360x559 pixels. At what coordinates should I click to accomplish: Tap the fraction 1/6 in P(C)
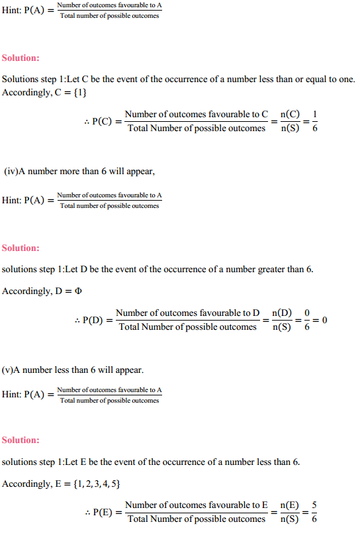[314, 121]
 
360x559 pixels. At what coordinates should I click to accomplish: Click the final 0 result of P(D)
[325, 320]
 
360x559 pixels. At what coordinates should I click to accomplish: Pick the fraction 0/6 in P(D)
[306, 320]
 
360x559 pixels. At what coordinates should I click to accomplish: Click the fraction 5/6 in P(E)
[314, 512]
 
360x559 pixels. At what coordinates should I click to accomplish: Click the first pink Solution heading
[21, 58]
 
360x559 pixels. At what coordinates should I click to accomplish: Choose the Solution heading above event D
[21, 248]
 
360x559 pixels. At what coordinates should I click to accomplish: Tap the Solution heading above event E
[21, 440]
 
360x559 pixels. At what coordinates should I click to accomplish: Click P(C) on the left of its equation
[103, 122]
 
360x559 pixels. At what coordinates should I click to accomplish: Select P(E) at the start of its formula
[103, 513]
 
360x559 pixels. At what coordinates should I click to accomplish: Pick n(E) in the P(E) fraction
[289, 505]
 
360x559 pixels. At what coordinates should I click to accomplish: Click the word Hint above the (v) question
[11, 395]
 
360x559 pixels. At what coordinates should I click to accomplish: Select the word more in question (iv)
[70, 171]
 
